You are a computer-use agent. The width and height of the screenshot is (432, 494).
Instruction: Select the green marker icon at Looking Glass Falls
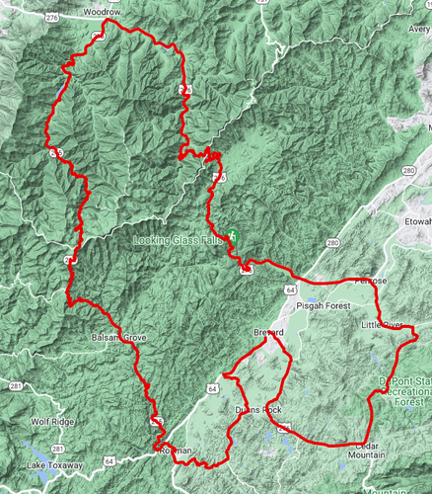pos(233,237)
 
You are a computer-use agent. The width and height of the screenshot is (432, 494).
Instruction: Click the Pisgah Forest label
pos(319,305)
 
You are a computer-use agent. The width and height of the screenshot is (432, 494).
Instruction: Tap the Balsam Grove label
pos(119,338)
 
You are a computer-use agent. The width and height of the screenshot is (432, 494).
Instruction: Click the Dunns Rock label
pos(258,409)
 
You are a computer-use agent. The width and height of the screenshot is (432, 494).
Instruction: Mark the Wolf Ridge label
pos(52,422)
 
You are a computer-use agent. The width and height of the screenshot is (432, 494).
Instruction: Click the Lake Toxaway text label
pos(49,464)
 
